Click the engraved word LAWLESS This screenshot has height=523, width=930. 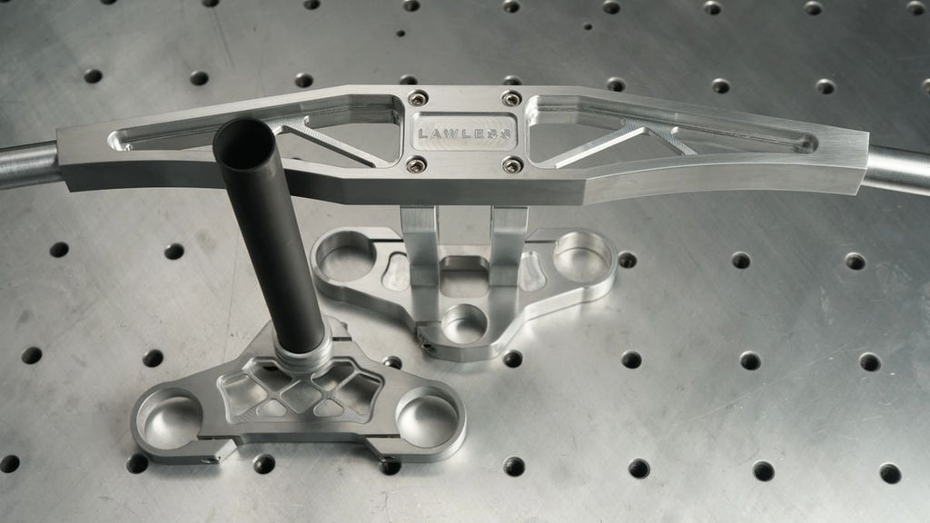[464, 133]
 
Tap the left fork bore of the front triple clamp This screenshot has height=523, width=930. [169, 418]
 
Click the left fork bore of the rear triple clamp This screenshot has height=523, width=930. [345, 255]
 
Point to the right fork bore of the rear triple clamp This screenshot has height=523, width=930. [582, 256]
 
